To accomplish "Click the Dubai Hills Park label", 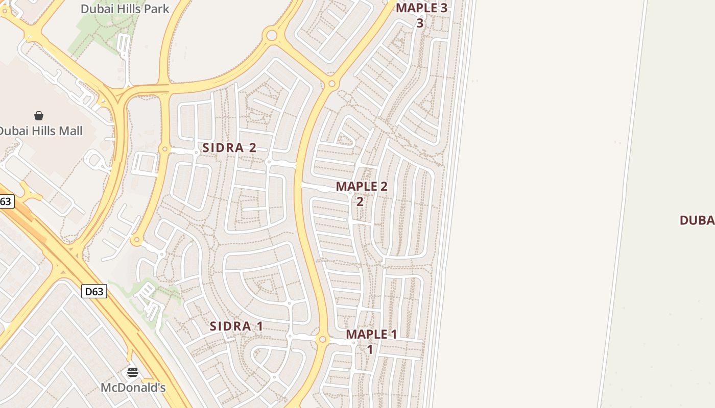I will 125,8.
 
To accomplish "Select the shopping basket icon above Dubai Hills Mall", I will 39,116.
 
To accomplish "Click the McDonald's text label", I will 133,388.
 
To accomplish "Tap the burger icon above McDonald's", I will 133,372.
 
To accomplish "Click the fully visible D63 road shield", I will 94,291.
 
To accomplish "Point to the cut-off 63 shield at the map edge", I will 6,201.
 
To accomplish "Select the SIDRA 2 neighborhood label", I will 229,148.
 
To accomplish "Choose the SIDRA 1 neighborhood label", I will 236,326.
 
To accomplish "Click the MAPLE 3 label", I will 421,8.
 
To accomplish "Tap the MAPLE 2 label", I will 362,187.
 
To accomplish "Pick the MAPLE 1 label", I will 371,335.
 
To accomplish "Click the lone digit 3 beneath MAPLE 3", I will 420,23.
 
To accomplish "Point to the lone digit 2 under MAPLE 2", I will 360,201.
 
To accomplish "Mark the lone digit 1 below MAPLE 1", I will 370,350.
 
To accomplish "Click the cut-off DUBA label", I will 697,220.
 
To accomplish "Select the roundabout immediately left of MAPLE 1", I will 322,339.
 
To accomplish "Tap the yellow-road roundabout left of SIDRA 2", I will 164,149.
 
